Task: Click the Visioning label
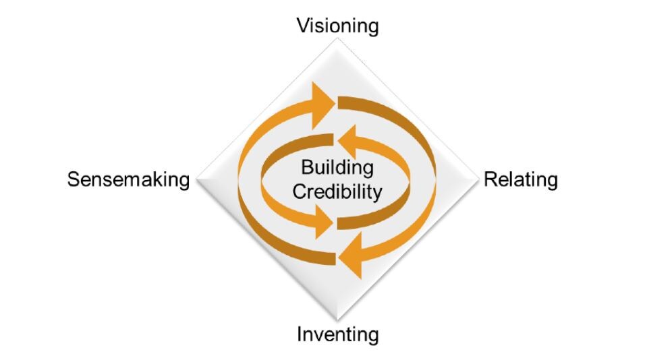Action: tap(338, 26)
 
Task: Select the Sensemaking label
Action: tap(128, 180)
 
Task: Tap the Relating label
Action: tap(521, 180)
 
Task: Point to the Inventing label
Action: tap(338, 334)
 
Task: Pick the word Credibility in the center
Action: tap(337, 191)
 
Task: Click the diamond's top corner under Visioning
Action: tap(337, 42)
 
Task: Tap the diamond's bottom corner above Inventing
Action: tap(337, 320)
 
